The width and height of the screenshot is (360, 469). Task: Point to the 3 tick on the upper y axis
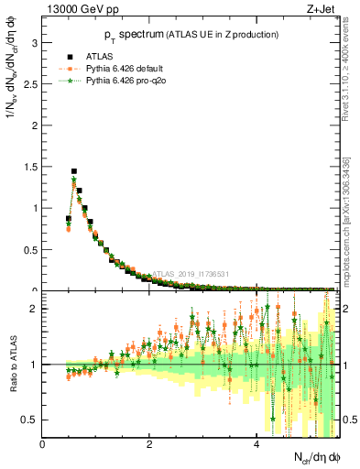(x=35, y=42)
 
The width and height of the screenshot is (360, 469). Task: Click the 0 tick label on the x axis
(x=43, y=444)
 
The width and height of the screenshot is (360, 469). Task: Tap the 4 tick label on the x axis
(x=256, y=444)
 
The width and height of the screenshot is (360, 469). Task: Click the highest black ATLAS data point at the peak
(x=74, y=171)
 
